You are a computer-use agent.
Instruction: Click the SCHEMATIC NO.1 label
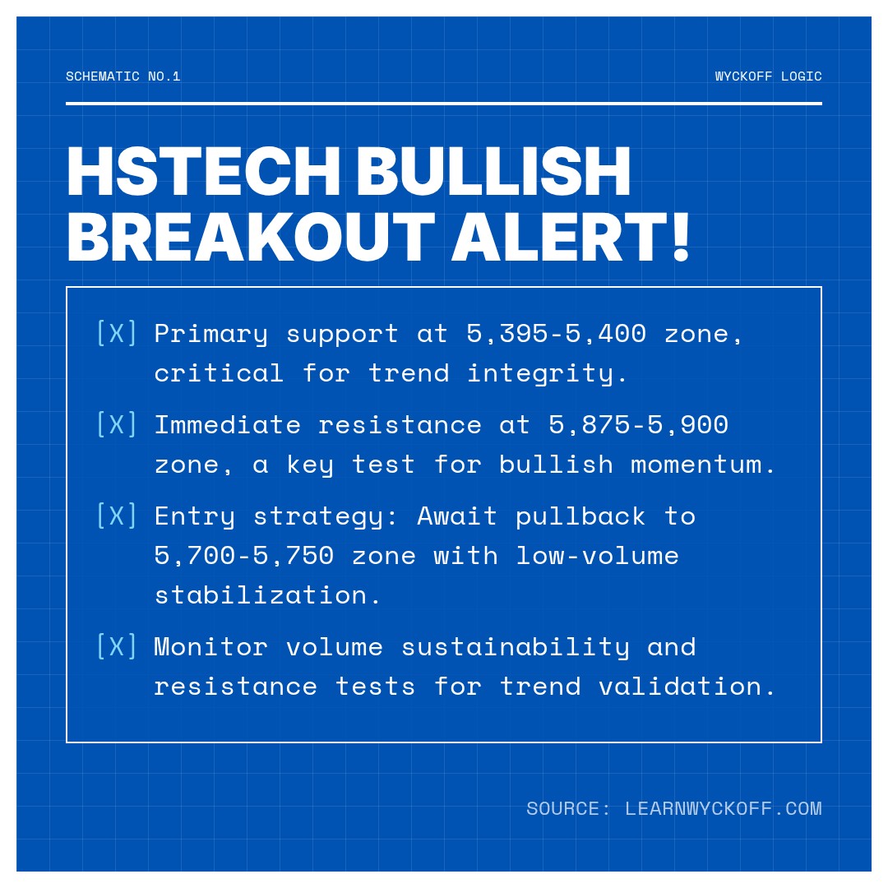point(123,76)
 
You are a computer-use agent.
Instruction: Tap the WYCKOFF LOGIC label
point(768,76)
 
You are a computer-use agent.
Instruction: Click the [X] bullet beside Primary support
point(117,333)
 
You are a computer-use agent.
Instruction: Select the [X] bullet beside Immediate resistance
point(117,424)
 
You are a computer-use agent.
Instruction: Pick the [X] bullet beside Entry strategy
point(117,516)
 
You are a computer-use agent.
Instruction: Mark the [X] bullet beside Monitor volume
point(117,646)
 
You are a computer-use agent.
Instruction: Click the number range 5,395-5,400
point(556,333)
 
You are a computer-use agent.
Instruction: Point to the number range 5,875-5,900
point(638,424)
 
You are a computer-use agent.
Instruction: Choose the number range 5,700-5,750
point(244,555)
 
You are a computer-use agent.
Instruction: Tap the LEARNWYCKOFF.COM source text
point(723,808)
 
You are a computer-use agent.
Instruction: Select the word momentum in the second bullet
point(703,465)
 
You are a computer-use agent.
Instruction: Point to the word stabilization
point(268,594)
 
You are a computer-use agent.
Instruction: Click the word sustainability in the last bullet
point(515,646)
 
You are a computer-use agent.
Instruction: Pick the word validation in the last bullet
point(687,686)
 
